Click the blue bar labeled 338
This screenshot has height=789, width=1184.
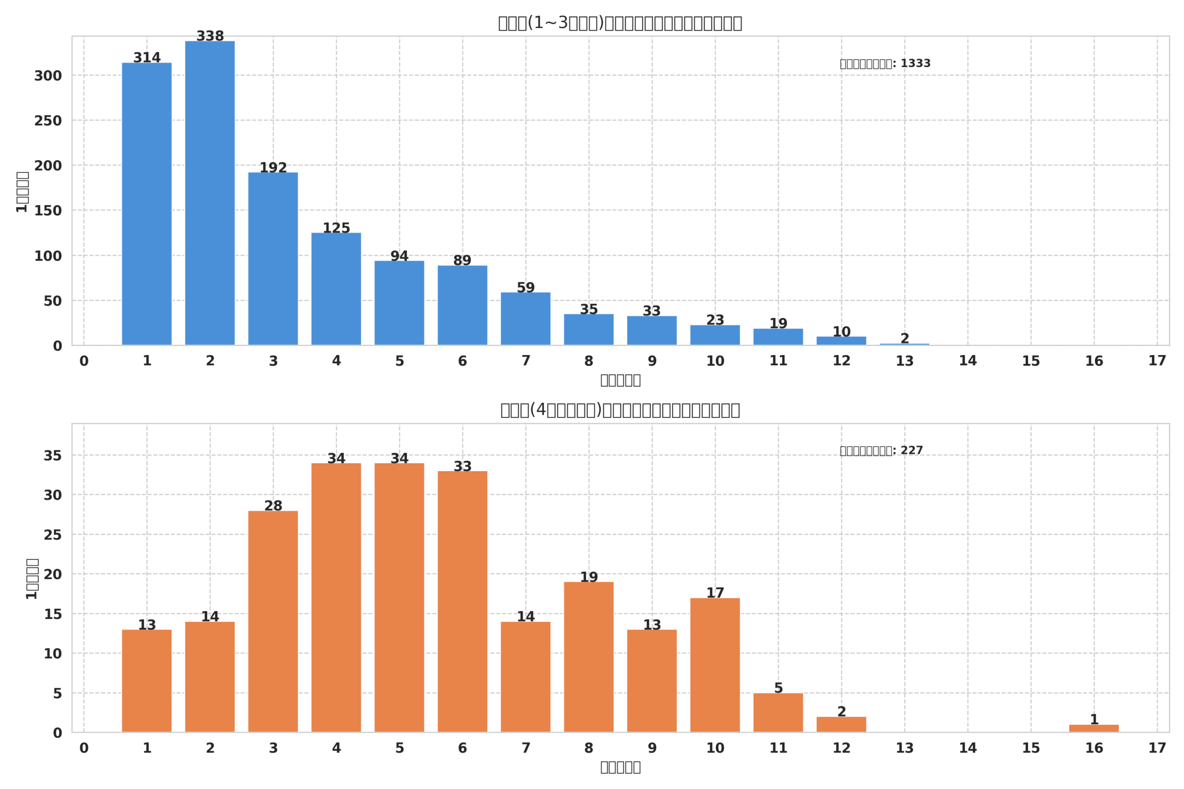[210, 193]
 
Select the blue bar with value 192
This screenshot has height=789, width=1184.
[273, 259]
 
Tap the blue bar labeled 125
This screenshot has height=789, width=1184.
[336, 289]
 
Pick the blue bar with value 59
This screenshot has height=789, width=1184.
[525, 318]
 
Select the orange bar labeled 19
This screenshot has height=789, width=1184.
[588, 657]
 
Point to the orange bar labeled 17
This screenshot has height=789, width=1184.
[715, 665]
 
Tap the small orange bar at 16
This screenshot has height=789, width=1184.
[1094, 728]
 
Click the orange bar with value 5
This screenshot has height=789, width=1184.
[778, 713]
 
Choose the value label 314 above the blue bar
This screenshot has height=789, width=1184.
[147, 58]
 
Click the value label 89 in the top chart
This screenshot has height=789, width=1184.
[462, 261]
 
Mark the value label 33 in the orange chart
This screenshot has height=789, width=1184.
[462, 466]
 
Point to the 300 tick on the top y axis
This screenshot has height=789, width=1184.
[48, 76]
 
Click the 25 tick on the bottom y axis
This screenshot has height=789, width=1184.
[52, 535]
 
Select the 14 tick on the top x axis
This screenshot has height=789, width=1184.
[968, 361]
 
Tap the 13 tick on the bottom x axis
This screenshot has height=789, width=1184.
[904, 748]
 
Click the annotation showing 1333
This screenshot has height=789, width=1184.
[885, 63]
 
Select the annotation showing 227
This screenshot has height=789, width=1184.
[881, 450]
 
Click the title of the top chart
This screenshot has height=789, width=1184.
[620, 23]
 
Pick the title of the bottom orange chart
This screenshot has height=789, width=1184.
[620, 410]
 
